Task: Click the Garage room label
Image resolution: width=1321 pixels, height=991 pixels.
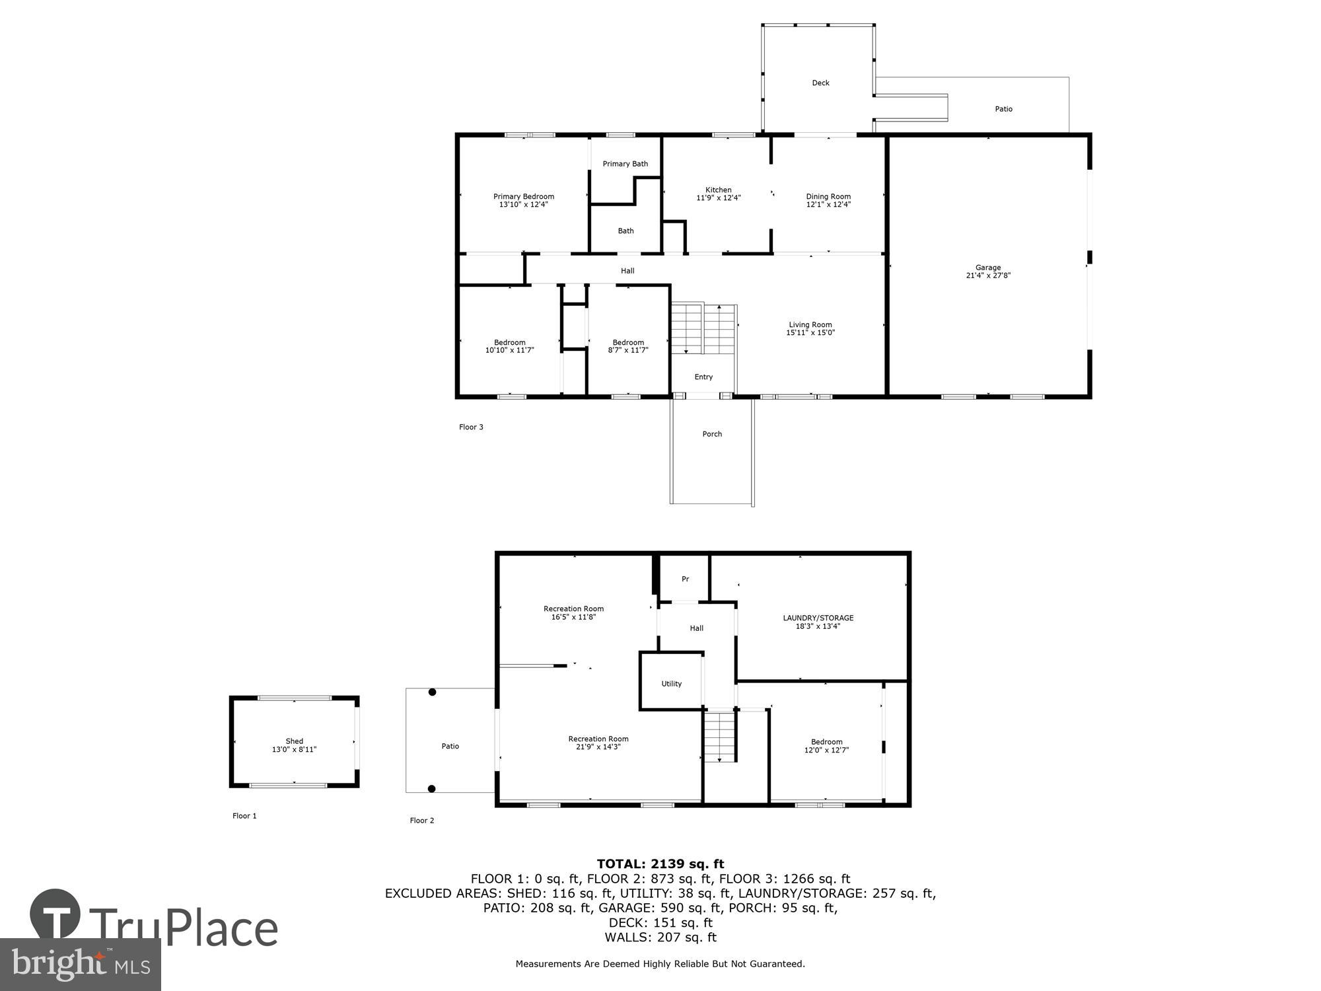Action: click(988, 268)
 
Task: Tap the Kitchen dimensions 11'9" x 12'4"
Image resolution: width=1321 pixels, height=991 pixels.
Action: click(719, 198)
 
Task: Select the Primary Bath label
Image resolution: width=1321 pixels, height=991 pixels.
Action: click(625, 164)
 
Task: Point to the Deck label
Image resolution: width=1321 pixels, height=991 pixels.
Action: click(820, 83)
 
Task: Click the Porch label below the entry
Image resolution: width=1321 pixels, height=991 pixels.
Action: click(712, 434)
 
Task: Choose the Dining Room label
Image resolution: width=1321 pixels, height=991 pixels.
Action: click(828, 196)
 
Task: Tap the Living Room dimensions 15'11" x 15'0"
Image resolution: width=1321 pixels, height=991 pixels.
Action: click(810, 333)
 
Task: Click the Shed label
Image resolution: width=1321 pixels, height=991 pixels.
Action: click(294, 741)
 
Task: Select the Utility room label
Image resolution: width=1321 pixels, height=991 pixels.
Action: click(671, 684)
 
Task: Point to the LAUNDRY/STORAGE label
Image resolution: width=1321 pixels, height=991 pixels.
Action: click(818, 618)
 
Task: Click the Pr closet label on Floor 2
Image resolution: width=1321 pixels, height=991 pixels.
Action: click(685, 579)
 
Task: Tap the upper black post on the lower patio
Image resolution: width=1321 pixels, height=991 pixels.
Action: click(432, 692)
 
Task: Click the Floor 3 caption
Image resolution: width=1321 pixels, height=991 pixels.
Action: click(471, 427)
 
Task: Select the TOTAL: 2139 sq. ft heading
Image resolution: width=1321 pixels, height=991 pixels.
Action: click(660, 863)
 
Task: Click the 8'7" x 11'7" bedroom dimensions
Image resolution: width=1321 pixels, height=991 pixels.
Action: click(628, 350)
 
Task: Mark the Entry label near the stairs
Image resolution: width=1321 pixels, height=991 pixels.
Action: click(703, 377)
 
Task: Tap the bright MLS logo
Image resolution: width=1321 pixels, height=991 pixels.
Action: click(80, 965)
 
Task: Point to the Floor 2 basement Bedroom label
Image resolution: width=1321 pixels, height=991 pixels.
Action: click(826, 742)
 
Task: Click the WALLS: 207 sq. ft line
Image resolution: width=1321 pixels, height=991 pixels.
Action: click(660, 937)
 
